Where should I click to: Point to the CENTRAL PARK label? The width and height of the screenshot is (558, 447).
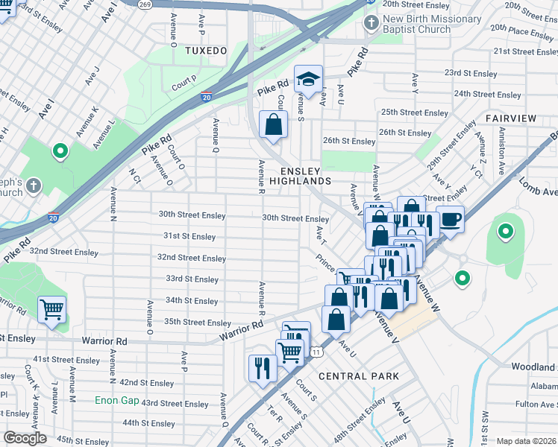click(359, 376)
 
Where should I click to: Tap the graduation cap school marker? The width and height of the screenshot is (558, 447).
click(307, 79)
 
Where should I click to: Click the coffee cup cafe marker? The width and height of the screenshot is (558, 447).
click(450, 219)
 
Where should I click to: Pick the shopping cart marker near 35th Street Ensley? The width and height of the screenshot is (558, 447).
click(51, 308)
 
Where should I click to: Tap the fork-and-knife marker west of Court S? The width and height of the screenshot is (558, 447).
click(263, 367)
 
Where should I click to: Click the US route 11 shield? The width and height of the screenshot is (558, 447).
click(317, 351)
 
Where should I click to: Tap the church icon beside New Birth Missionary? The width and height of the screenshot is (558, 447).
click(371, 23)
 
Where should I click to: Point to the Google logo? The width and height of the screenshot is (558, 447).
click(25, 438)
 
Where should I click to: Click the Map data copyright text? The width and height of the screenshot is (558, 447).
click(527, 441)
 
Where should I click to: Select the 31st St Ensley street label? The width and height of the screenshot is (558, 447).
click(189, 236)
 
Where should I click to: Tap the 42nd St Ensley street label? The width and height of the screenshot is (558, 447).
click(147, 383)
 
